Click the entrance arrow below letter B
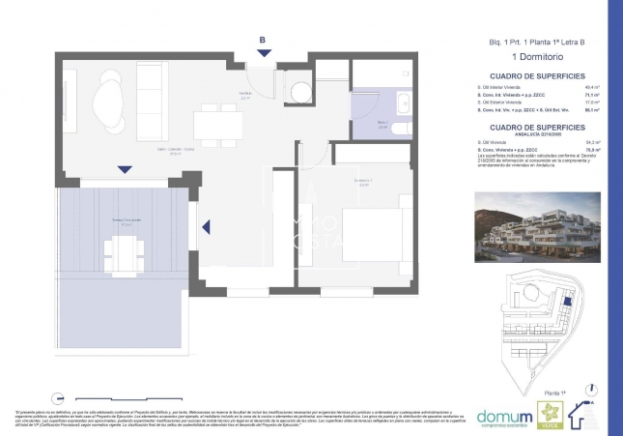(262, 54)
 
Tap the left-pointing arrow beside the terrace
(205, 229)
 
